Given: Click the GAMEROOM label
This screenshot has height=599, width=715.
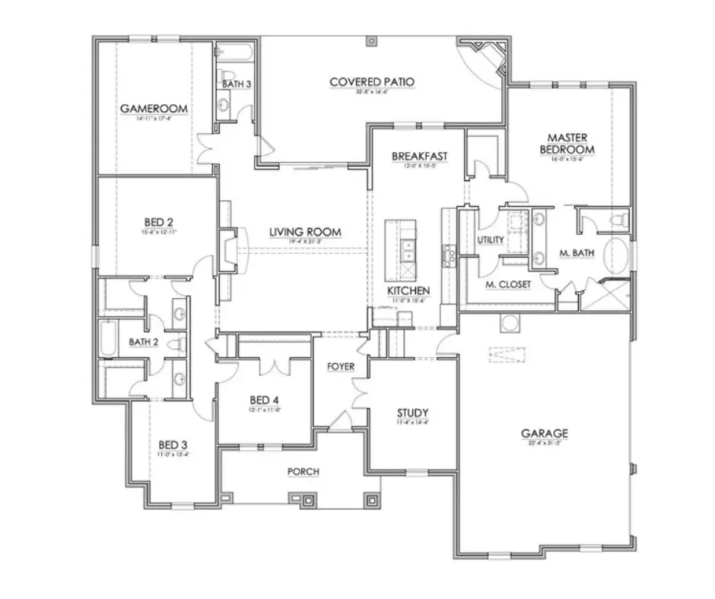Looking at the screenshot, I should pyautogui.click(x=154, y=109).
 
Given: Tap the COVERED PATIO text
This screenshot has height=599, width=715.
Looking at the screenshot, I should pyautogui.click(x=372, y=81).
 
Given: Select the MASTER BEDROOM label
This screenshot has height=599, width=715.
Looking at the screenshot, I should pyautogui.click(x=566, y=144).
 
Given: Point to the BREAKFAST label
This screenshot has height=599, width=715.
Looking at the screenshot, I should pyautogui.click(x=419, y=157).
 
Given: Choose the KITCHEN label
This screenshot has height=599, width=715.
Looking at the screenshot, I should pyautogui.click(x=408, y=290).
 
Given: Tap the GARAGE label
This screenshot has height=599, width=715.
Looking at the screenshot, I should pyautogui.click(x=544, y=433).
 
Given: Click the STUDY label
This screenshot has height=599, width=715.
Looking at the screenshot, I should pyautogui.click(x=412, y=413).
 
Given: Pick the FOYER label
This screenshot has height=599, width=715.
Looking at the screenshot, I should pyautogui.click(x=341, y=366).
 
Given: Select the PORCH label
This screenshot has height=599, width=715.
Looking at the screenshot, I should pyautogui.click(x=303, y=471).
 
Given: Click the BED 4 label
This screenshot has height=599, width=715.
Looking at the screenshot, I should pyautogui.click(x=265, y=400).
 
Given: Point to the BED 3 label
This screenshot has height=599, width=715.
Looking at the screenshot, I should pyautogui.click(x=173, y=444).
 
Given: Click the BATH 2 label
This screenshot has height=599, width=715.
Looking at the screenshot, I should pyautogui.click(x=143, y=342).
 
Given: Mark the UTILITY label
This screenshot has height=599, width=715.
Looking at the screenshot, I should pyautogui.click(x=491, y=240).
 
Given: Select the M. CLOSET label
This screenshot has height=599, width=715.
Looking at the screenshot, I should pyautogui.click(x=507, y=284).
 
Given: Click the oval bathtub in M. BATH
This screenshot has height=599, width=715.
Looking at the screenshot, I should pyautogui.click(x=617, y=255).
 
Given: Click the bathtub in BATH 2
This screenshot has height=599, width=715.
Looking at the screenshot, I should pyautogui.click(x=107, y=341).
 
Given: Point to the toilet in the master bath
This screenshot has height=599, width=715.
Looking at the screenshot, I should pyautogui.click(x=619, y=220).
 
